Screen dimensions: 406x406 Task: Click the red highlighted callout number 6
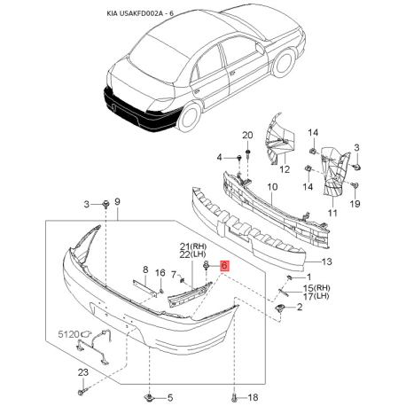tap(224, 266)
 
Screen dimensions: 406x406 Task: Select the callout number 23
tap(83, 372)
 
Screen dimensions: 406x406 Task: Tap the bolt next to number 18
tap(234, 397)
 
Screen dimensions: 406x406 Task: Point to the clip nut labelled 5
tap(151, 397)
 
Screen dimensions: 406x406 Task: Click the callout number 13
tap(327, 262)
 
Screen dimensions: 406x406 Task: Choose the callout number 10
tap(272, 187)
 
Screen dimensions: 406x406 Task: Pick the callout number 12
tap(285, 169)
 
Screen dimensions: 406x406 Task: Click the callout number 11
tap(332, 213)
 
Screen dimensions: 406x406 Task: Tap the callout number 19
tap(355, 204)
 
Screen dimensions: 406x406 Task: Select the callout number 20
tap(247, 136)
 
